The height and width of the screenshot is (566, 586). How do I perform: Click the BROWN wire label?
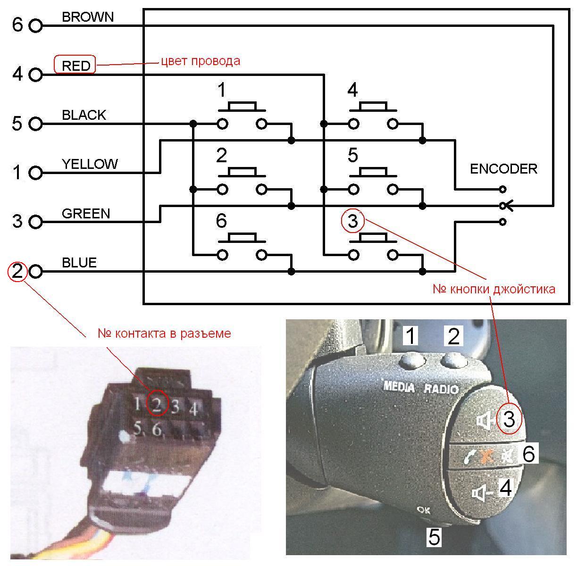88,17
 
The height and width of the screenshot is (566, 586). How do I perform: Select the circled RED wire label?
75,65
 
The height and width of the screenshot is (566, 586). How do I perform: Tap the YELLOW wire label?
90,164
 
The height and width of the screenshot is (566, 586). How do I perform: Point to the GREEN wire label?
86,214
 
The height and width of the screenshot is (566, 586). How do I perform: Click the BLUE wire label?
79,262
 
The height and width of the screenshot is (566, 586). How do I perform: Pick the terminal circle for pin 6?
36,26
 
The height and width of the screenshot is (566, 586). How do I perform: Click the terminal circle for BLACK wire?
36,124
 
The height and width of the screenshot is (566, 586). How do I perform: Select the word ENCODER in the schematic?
503,168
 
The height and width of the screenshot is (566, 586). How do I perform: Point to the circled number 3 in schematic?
352,221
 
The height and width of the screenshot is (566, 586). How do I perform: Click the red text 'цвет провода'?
201,61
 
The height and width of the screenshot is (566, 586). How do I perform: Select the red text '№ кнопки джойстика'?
494,289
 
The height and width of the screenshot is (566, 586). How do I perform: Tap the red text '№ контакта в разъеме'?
164,333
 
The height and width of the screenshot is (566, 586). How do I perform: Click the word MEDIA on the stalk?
399,387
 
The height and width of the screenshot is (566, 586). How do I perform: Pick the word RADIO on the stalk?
442,389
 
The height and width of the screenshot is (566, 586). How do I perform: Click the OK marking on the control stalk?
424,509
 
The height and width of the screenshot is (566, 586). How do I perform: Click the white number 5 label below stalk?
434,537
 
